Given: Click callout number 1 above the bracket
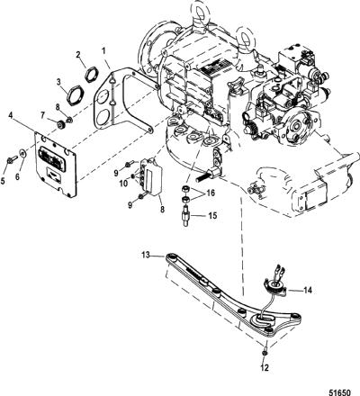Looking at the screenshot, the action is pyautogui.click(x=103, y=51).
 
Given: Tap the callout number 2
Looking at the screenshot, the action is pyautogui.click(x=78, y=55).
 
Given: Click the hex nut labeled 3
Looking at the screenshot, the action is pyautogui.click(x=74, y=94).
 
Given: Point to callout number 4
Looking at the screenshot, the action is pyautogui.click(x=11, y=115).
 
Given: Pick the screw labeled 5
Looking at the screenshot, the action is pyautogui.click(x=12, y=160).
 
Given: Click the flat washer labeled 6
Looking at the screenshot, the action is pyautogui.click(x=22, y=153).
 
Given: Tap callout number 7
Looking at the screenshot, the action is pyautogui.click(x=42, y=114).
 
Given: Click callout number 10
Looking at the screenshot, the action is pyautogui.click(x=123, y=184).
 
